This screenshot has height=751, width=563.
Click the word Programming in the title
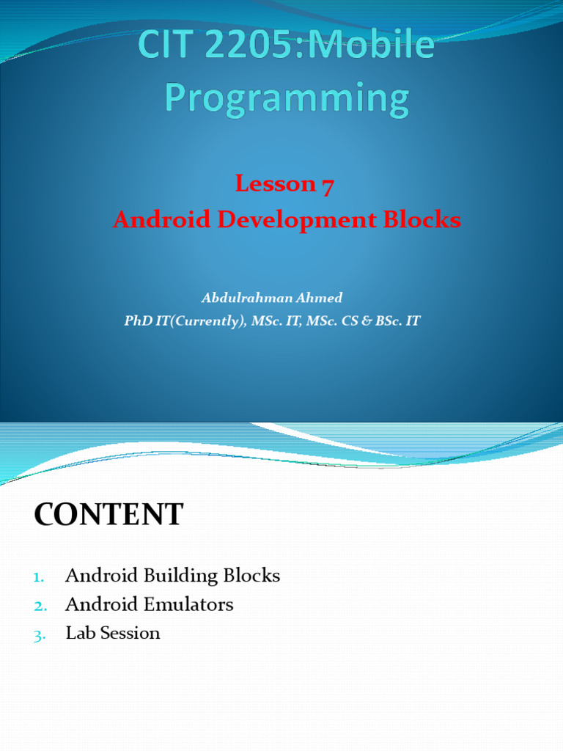[286, 99]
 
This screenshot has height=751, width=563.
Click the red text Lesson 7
[284, 185]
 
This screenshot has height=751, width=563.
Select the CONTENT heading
[108, 515]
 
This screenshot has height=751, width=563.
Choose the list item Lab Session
[113, 633]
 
